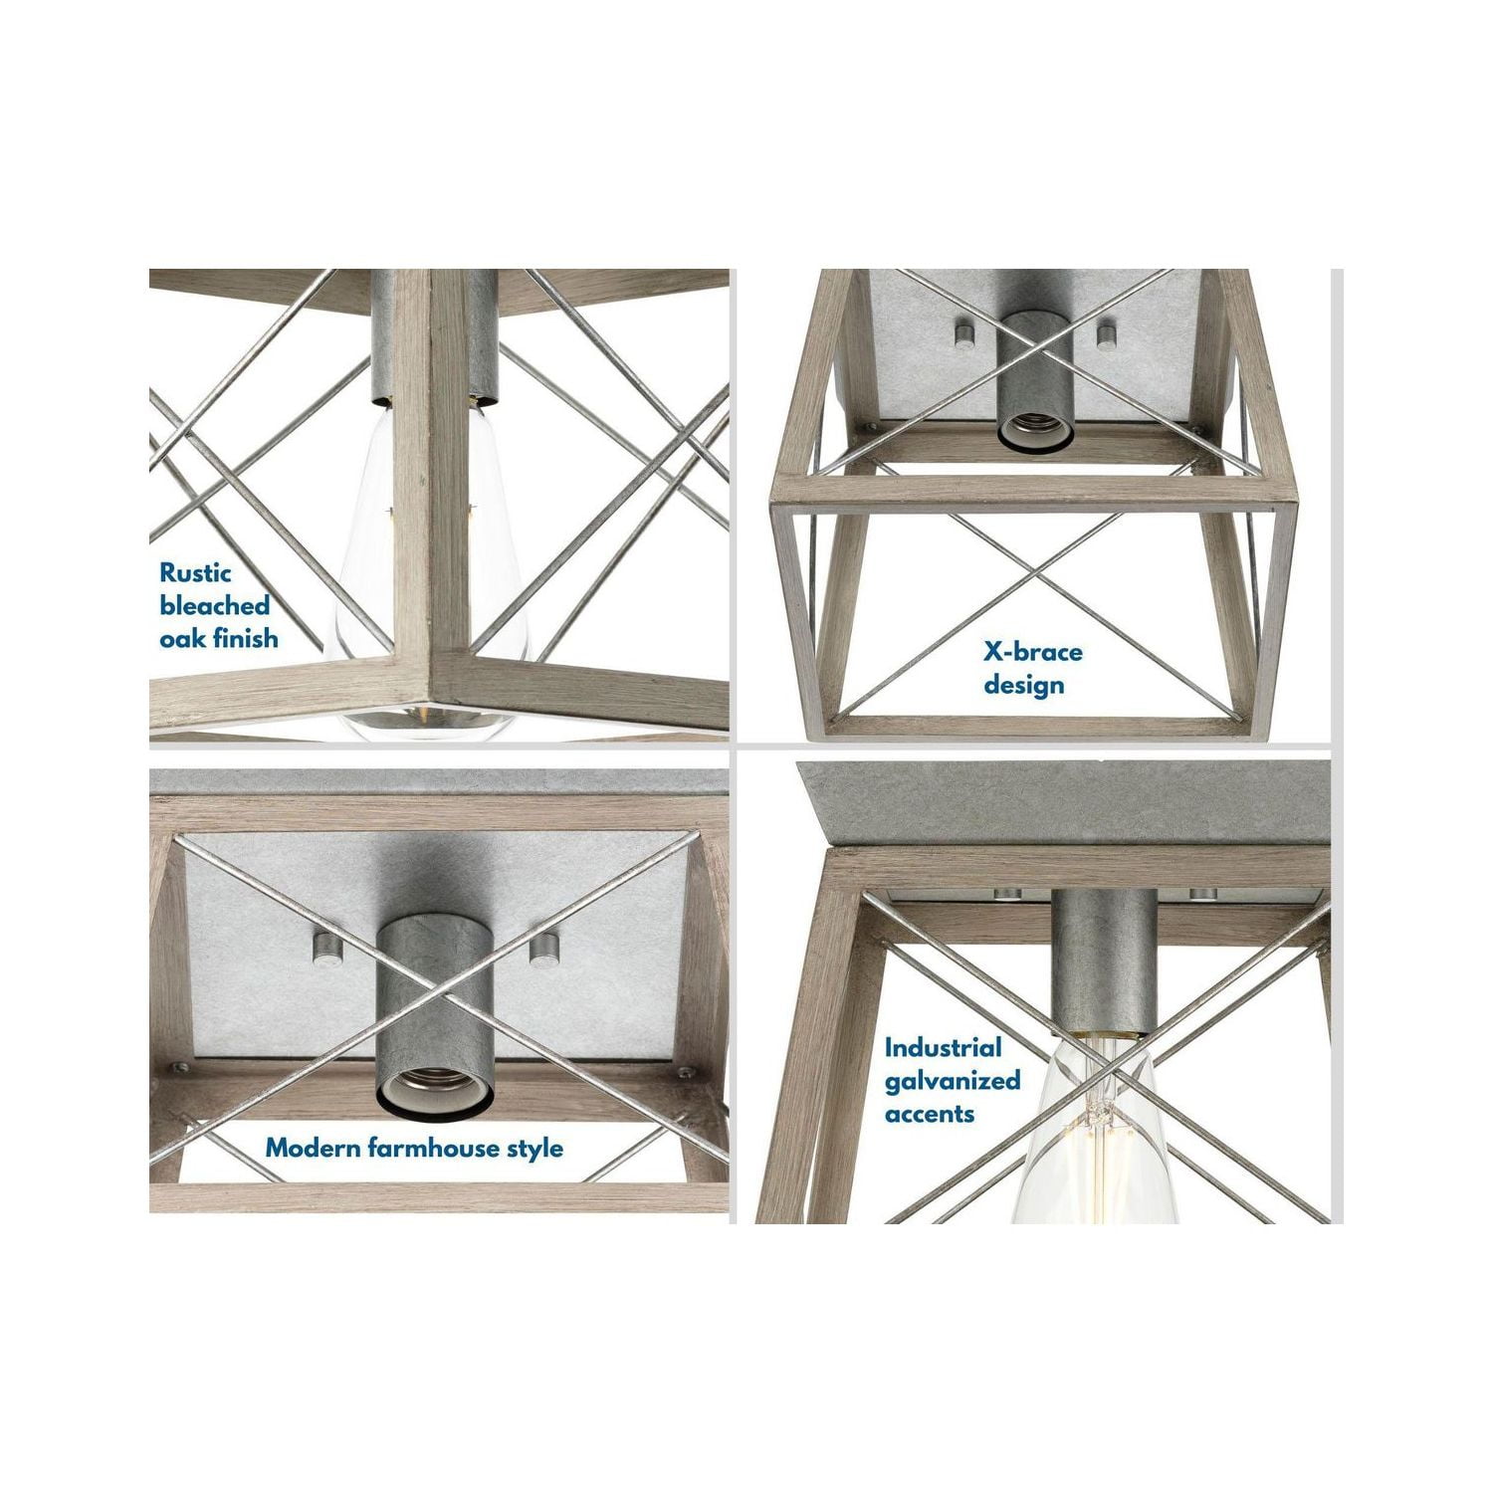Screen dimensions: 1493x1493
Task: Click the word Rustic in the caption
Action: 195,573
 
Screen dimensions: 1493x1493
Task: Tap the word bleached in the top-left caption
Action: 215,605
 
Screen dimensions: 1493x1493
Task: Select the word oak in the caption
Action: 181,637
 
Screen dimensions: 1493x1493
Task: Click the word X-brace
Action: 1033,653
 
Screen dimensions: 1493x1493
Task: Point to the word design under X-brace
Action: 1023,686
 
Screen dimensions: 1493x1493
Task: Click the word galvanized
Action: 953,1081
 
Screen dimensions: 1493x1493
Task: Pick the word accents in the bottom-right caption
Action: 929,1113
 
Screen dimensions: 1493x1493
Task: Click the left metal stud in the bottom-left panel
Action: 323,940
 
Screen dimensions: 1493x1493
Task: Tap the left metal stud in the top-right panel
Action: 962,331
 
